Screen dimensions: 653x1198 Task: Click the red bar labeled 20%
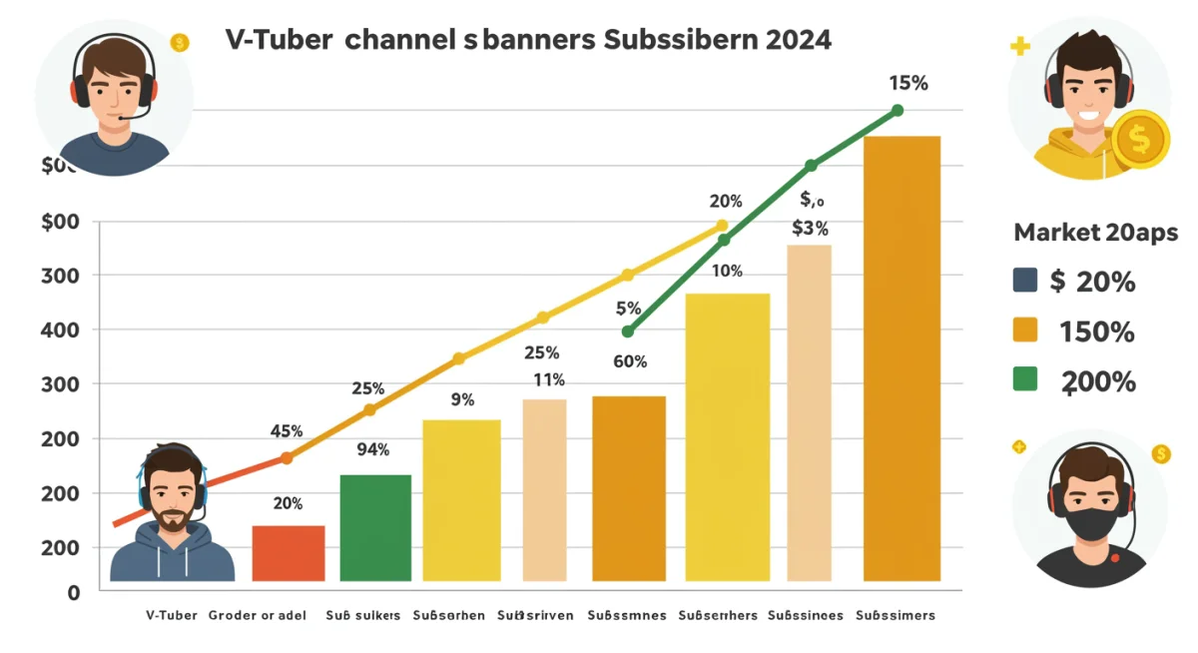pyautogui.click(x=288, y=553)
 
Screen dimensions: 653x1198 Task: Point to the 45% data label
pyautogui.click(x=287, y=432)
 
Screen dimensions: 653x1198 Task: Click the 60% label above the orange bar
pyautogui.click(x=629, y=361)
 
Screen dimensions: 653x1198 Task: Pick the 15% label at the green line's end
pyautogui.click(x=907, y=84)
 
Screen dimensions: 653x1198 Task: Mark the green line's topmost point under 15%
pyautogui.click(x=897, y=111)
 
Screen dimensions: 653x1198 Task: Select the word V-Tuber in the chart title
pyautogui.click(x=263, y=41)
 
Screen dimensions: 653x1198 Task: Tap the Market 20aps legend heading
pyautogui.click(x=1095, y=234)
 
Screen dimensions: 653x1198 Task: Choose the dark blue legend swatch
pyautogui.click(x=1024, y=281)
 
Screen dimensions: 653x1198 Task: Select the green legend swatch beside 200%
pyautogui.click(x=1024, y=379)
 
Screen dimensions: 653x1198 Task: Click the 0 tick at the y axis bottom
pyautogui.click(x=73, y=592)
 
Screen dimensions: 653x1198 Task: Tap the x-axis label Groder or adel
pyautogui.click(x=257, y=616)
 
